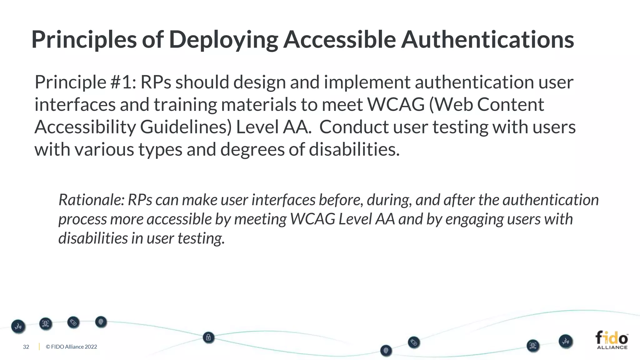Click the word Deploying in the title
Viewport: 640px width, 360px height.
(x=223, y=40)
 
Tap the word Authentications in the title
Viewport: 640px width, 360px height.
(x=487, y=40)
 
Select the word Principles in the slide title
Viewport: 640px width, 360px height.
(x=84, y=40)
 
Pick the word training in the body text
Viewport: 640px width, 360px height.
(x=185, y=105)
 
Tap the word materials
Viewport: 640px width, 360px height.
(x=259, y=105)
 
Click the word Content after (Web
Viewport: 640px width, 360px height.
(x=510, y=105)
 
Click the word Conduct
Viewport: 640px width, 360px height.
(x=353, y=127)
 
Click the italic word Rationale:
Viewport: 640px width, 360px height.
(x=92, y=200)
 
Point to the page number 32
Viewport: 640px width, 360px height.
(x=26, y=347)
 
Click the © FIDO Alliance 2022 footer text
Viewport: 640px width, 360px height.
(x=71, y=347)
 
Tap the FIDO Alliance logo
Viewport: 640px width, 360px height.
(x=612, y=340)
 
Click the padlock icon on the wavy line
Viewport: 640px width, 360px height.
(x=208, y=337)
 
